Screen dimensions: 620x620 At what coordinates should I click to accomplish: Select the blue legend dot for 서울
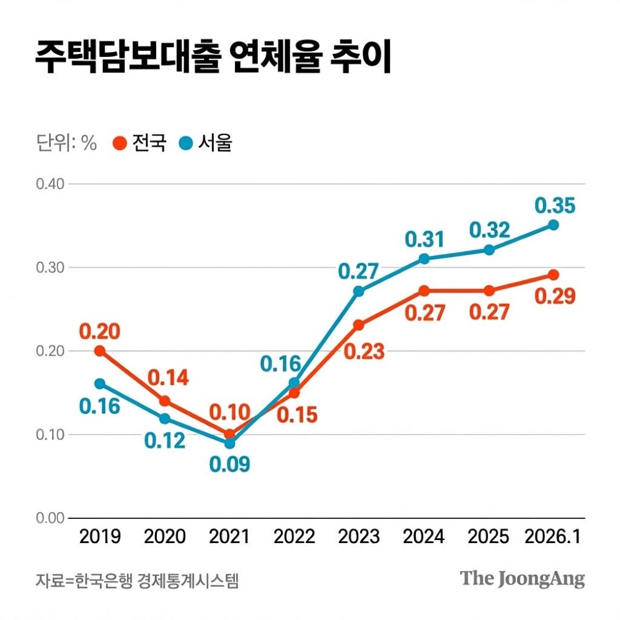(185, 143)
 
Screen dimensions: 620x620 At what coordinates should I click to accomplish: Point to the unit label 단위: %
(66, 143)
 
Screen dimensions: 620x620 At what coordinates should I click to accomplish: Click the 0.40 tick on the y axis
(50, 184)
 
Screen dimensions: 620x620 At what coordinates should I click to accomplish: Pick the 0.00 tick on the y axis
(50, 518)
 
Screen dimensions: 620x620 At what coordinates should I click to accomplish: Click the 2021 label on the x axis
(229, 536)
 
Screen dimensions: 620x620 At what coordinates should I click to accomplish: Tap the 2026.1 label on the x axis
(552, 536)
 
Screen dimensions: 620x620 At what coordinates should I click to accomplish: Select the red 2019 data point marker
(100, 351)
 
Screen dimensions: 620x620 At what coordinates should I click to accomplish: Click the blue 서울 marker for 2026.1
(553, 224)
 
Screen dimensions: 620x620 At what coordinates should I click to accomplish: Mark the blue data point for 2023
(358, 291)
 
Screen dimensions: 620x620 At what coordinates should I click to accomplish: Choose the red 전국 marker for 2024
(424, 291)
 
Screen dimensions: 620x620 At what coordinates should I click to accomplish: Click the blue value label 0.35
(555, 205)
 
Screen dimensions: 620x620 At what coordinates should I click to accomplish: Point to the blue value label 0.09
(229, 464)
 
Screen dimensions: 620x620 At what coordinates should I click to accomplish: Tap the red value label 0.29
(555, 295)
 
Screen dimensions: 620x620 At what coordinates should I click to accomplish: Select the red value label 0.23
(364, 352)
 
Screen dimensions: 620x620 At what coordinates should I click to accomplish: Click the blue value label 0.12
(165, 441)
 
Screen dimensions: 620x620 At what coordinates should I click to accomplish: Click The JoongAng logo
(522, 579)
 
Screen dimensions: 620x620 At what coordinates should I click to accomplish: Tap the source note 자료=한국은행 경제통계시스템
(137, 581)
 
